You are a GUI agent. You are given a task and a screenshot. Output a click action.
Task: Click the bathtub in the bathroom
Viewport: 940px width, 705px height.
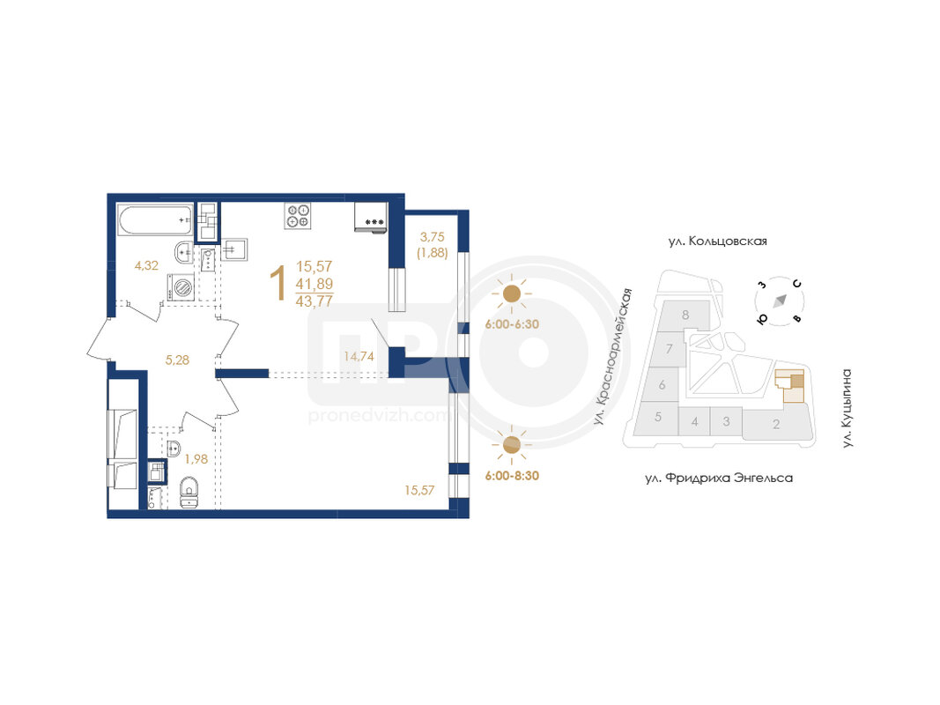pyautogui.click(x=156, y=220)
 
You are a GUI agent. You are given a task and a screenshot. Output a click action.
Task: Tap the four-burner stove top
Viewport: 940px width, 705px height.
pyautogui.click(x=298, y=216)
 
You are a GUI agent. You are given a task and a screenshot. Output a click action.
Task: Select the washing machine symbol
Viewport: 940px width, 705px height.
pyautogui.click(x=181, y=286)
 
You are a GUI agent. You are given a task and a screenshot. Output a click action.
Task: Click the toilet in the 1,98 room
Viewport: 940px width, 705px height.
pyautogui.click(x=189, y=492)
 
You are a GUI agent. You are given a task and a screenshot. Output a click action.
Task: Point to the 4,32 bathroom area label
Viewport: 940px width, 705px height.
pyautogui.click(x=146, y=265)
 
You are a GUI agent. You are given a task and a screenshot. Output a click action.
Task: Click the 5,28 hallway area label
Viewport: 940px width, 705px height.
pyautogui.click(x=177, y=360)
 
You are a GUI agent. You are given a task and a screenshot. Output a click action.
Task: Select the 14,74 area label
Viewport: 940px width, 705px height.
pyautogui.click(x=359, y=356)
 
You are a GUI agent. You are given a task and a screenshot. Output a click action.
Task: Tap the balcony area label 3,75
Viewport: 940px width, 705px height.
pyautogui.click(x=433, y=237)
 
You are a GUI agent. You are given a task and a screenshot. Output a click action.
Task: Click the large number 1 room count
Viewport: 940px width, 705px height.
pyautogui.click(x=278, y=284)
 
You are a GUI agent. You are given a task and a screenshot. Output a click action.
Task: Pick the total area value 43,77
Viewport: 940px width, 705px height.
pyautogui.click(x=315, y=301)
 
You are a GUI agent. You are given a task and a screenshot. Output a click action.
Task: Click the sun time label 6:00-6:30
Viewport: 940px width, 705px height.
pyautogui.click(x=512, y=324)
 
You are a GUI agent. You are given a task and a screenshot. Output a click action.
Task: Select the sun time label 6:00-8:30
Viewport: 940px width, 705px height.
pyautogui.click(x=512, y=475)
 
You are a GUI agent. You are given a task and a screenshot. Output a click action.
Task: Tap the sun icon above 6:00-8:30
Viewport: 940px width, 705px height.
pyautogui.click(x=511, y=444)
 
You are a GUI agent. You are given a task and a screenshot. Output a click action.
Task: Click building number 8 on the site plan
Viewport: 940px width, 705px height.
pyautogui.click(x=685, y=315)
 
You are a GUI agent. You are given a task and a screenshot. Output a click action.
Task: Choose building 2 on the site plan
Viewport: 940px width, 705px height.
pyautogui.click(x=777, y=424)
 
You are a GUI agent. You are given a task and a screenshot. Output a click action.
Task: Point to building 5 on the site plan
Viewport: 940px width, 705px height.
pyautogui.click(x=657, y=417)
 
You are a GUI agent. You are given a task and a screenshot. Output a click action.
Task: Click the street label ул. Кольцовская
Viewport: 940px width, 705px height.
pyautogui.click(x=718, y=241)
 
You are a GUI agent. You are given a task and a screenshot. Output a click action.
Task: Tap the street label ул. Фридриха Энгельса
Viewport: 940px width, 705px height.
pyautogui.click(x=719, y=478)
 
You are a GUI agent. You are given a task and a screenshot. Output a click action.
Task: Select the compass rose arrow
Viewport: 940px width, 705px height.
pyautogui.click(x=780, y=301)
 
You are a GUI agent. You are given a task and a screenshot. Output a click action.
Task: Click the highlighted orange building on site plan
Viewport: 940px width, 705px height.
pyautogui.click(x=790, y=385)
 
